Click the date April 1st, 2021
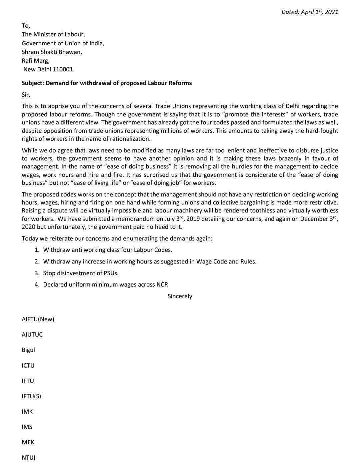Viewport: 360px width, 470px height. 319,12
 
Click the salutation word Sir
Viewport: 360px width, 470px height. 26,95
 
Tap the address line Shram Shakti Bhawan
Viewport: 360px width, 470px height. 52,52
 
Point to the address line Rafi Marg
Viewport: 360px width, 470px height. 35,61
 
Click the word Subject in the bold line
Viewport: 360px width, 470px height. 32,83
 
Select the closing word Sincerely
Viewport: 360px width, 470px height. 180,296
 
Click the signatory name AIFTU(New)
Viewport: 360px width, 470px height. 38,319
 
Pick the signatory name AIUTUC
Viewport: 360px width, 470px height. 32,335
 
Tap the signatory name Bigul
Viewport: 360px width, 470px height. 28,350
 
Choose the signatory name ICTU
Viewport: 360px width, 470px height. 28,365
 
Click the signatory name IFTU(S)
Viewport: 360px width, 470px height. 31,396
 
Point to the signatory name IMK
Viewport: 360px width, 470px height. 27,412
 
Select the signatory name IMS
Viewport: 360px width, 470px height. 27,427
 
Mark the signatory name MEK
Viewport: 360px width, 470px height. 28,442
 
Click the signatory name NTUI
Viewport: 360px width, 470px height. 28,458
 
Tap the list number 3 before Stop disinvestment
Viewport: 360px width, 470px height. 37,273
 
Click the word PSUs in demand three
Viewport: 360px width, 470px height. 111,273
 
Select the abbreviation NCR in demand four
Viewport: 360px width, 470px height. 162,285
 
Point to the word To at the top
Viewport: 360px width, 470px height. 25,26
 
